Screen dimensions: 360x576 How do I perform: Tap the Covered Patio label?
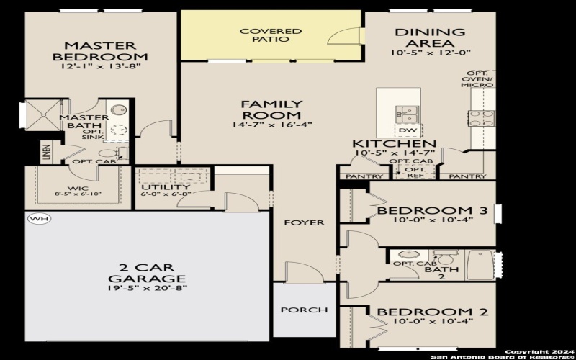[270, 35]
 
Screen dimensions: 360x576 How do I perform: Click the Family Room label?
[271, 109]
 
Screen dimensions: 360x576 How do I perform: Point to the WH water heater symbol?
[35, 218]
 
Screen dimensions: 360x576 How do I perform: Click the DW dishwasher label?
[408, 130]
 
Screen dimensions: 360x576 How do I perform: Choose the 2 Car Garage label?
[148, 273]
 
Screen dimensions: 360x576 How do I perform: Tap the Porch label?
[304, 310]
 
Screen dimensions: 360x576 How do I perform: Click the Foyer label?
[303, 222]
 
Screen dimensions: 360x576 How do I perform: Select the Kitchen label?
[393, 144]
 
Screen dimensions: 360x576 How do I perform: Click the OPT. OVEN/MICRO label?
[477, 79]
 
